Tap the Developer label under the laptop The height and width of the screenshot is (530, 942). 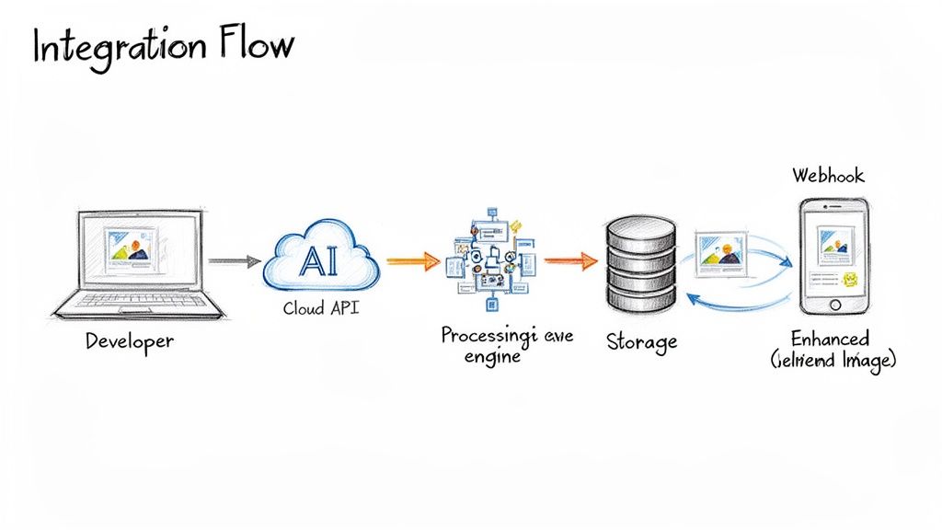[x=130, y=341]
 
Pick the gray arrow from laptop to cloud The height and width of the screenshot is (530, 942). [x=235, y=261]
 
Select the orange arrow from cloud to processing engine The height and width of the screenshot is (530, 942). [x=411, y=261]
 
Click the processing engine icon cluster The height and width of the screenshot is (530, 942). [x=488, y=259]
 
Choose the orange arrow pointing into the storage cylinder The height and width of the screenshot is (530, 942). [x=570, y=260]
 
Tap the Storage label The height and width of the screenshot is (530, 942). [x=641, y=341]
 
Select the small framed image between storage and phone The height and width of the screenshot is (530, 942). [x=721, y=253]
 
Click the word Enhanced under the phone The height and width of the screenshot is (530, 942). [x=831, y=339]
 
